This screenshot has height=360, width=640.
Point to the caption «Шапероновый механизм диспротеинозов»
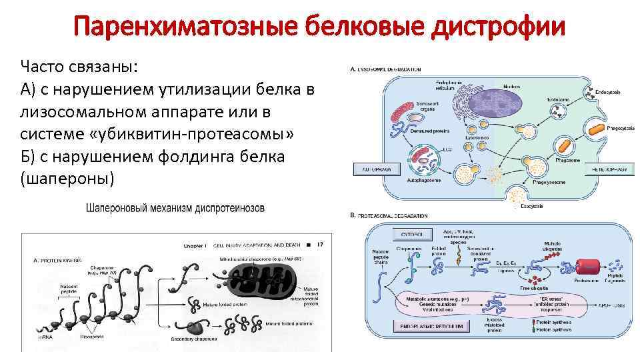[x=175, y=208]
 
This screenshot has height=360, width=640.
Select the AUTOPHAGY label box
[x=376, y=169]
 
